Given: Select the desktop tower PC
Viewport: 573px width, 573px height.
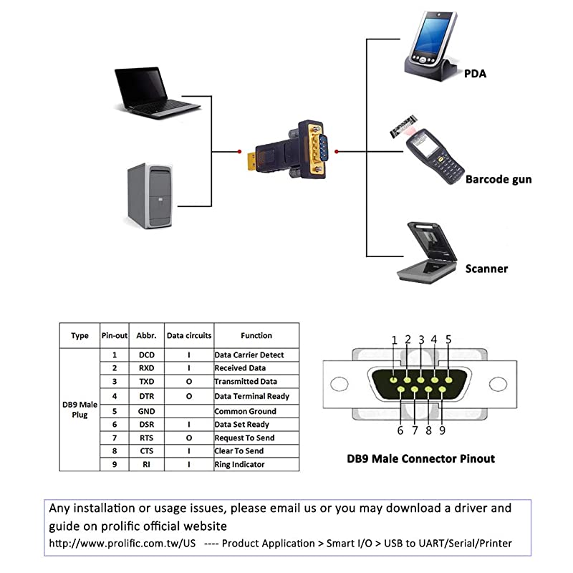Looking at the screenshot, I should point(150,196).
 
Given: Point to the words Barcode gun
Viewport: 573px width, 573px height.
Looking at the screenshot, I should point(499,179).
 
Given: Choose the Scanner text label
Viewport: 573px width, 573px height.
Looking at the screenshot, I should point(486,269).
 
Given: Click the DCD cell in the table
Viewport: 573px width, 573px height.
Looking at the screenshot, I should point(146,355).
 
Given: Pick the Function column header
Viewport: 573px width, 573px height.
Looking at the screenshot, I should point(256,335).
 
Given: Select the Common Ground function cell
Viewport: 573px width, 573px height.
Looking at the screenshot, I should point(246,411).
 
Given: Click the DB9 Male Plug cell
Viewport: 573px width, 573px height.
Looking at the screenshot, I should point(80,410).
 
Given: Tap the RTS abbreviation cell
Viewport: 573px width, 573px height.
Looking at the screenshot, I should point(146,438).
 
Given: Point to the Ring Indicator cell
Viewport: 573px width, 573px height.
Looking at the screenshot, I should point(239,464).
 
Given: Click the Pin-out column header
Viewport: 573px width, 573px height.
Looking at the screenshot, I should point(114,335).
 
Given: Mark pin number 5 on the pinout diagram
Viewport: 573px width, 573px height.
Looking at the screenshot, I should point(448,340).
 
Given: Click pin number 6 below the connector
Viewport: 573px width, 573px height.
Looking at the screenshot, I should point(400,430).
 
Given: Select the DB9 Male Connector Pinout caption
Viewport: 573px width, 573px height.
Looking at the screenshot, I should point(420,458).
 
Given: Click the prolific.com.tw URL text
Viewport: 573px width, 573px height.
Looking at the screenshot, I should point(122,543).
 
